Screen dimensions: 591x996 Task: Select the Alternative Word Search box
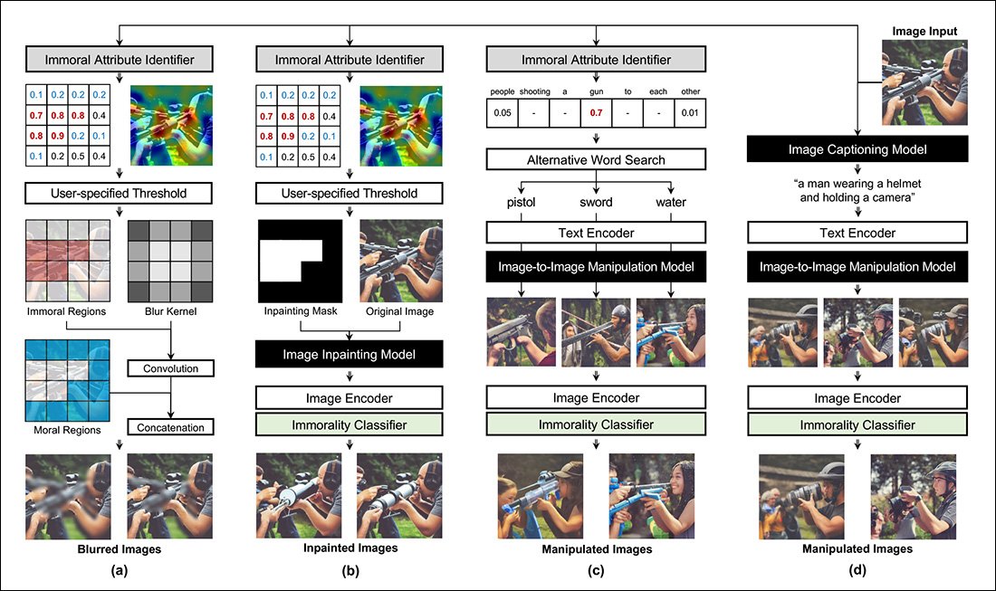pos(596,159)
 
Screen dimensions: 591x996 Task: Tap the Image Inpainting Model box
pos(349,356)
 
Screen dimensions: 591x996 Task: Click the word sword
pos(596,203)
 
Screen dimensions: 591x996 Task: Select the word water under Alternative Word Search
pos(672,203)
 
